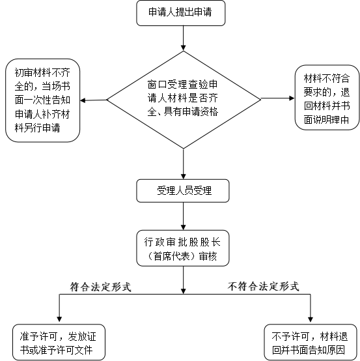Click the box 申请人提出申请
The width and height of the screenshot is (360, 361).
(x=180, y=13)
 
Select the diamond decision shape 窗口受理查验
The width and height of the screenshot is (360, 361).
(x=184, y=100)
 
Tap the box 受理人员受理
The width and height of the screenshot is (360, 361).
(x=183, y=191)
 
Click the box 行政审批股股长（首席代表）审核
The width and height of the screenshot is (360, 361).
(x=183, y=248)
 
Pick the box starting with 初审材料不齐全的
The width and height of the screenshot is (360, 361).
(x=42, y=100)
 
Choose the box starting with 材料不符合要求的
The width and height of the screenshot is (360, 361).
(x=327, y=97)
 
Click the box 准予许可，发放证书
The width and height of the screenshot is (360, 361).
(x=59, y=342)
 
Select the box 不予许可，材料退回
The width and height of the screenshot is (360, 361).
(x=311, y=342)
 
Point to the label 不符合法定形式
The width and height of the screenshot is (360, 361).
(x=264, y=287)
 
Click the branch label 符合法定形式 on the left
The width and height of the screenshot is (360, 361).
(x=100, y=287)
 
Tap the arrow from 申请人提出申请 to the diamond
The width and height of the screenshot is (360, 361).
(x=184, y=38)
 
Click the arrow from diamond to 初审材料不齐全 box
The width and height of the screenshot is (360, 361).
(x=94, y=100)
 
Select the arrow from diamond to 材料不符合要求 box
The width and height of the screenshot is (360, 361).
(x=277, y=98)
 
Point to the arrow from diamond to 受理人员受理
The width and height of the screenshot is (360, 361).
(x=184, y=164)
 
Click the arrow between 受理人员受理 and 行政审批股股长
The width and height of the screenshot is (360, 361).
(x=184, y=216)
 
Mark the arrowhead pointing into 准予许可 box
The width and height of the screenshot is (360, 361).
(x=59, y=319)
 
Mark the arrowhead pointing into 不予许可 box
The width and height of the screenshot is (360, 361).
(x=311, y=319)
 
